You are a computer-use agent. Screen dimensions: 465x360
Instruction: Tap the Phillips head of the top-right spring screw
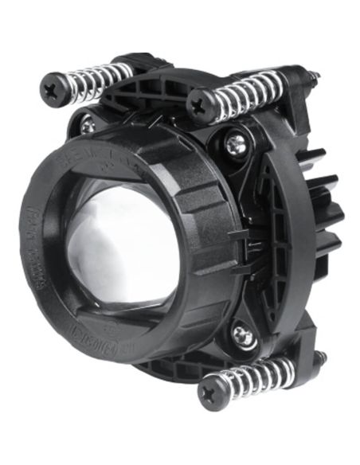tap(199, 104)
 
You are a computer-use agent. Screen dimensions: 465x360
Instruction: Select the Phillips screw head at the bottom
tap(211, 393)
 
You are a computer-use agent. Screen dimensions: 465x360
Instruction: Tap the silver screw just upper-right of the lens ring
tap(236, 143)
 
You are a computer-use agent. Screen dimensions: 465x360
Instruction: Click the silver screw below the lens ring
tap(243, 336)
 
